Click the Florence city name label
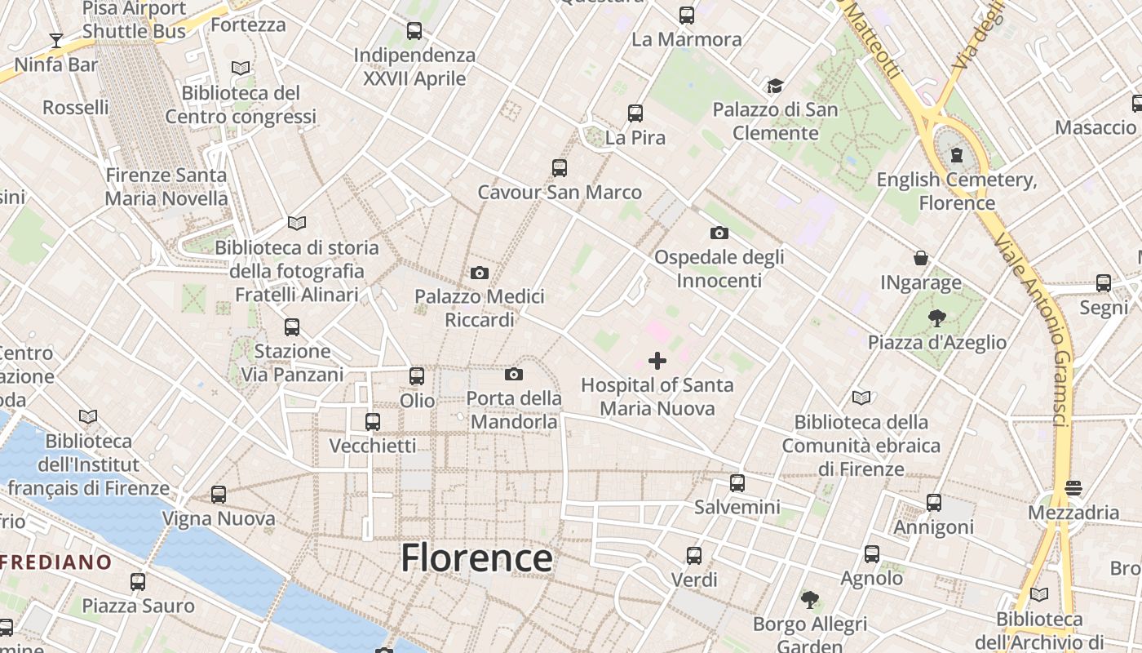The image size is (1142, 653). (476, 558)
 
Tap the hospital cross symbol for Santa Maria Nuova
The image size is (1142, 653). (657, 361)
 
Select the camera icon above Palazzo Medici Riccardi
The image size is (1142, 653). (480, 273)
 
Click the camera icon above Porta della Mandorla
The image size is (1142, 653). (514, 374)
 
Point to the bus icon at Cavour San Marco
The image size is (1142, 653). (560, 168)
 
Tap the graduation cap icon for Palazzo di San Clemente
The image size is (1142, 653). (775, 86)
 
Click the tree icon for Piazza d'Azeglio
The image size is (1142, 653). (936, 318)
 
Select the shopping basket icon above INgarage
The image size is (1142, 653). (921, 258)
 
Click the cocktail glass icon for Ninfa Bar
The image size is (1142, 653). (55, 40)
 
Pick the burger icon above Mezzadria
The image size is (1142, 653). (1073, 488)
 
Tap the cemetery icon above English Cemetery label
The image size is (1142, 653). (956, 154)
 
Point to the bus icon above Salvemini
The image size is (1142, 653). (737, 482)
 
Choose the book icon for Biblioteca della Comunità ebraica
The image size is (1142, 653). (861, 398)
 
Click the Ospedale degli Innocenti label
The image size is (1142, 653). (719, 269)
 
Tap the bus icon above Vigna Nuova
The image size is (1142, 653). (219, 494)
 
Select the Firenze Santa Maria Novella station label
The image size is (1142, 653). (166, 186)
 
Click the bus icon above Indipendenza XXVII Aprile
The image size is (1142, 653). (414, 31)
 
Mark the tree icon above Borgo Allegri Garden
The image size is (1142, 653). (809, 600)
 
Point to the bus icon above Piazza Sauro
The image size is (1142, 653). (138, 581)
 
